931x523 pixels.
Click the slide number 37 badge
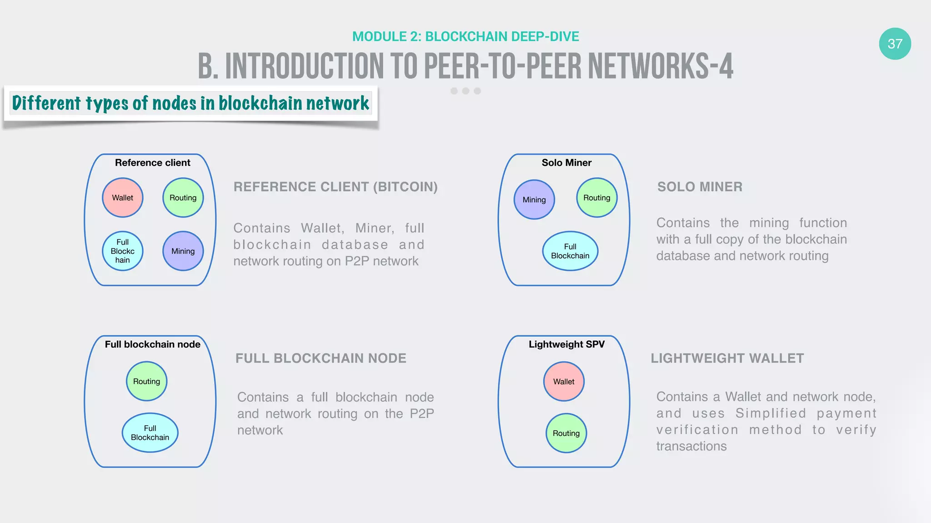[895, 44]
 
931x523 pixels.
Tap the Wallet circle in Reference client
[123, 197]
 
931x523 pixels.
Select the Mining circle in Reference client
[183, 251]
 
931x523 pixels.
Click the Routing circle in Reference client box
[183, 197]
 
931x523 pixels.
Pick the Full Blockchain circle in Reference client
[123, 251]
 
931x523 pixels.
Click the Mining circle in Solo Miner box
[534, 199]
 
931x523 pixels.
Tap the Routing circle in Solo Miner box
[596, 197]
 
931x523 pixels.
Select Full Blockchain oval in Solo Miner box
[570, 251]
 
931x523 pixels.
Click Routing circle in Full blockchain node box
[146, 381]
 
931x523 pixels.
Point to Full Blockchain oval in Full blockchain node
[150, 433]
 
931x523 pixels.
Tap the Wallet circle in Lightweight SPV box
[564, 381]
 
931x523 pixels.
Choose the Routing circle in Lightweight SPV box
[566, 433]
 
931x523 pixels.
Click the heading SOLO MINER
[700, 187]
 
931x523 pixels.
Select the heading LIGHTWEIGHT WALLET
[727, 358]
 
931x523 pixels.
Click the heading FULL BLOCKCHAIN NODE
[320, 358]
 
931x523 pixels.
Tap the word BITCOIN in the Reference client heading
[405, 187]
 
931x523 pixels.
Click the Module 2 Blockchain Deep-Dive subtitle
[465, 36]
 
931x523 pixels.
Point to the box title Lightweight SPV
[566, 344]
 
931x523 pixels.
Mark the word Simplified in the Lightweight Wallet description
[771, 413]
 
